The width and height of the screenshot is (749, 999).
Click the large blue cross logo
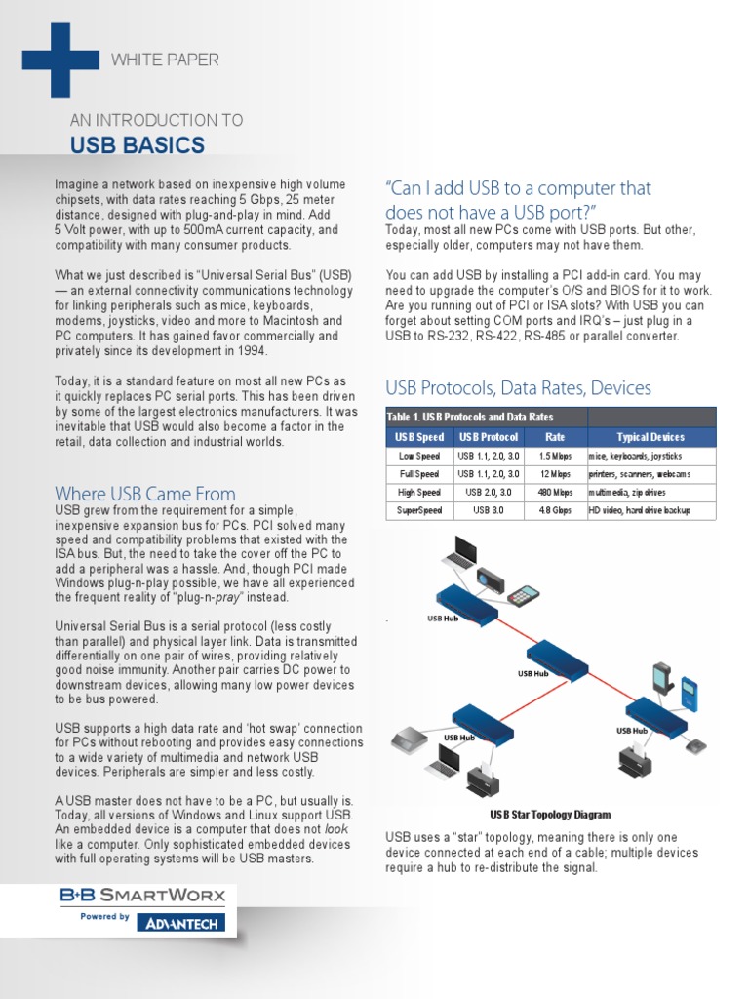click(60, 60)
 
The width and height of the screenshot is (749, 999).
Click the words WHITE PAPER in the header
click(165, 60)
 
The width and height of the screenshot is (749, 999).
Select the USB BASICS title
click(137, 146)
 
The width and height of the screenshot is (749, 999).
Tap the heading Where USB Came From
click(145, 494)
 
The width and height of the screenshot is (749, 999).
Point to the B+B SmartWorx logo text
click(142, 894)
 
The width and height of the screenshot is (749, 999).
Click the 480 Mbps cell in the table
click(555, 492)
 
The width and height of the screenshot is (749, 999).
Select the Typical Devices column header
click(650, 437)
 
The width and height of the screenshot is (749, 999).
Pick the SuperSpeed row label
click(419, 510)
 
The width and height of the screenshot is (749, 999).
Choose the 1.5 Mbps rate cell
click(555, 456)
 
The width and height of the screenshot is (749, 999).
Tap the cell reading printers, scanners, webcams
click(639, 474)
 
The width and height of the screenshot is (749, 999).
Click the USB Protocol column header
click(489, 437)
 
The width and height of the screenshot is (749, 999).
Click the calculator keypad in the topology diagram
click(524, 594)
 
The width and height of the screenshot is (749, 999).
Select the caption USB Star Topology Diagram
click(550, 815)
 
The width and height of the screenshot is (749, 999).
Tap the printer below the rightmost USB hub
click(635, 759)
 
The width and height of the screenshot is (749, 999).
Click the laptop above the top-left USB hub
click(457, 552)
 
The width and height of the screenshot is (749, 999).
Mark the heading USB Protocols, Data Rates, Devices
click(518, 388)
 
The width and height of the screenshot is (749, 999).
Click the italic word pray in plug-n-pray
click(229, 597)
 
